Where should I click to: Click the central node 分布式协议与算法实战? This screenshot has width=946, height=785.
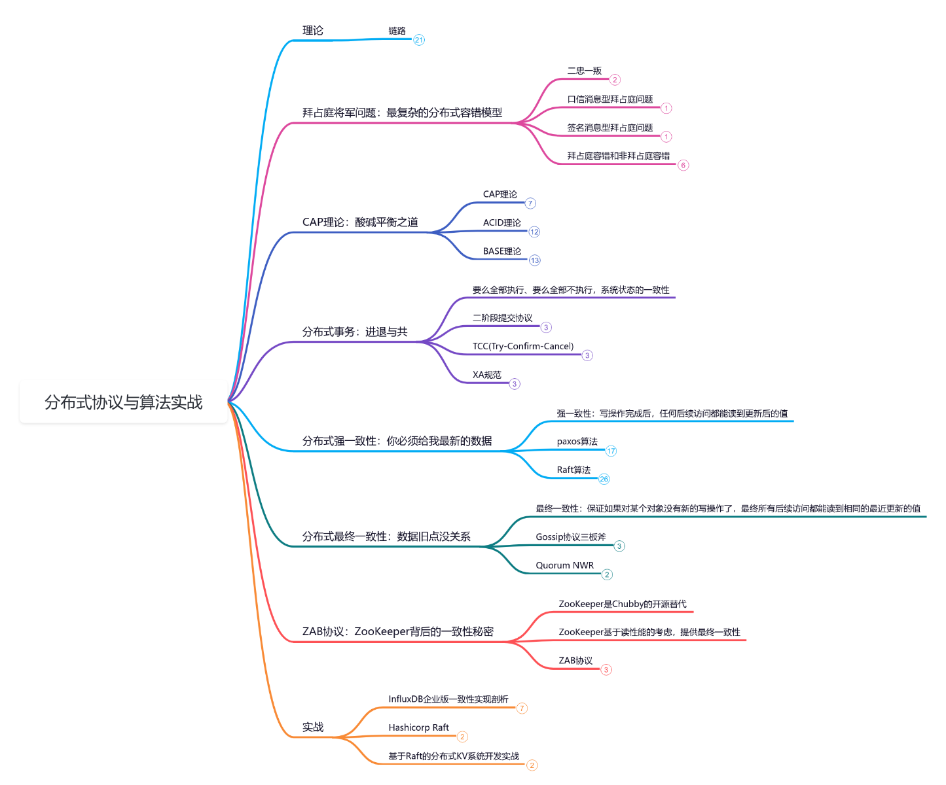pyautogui.click(x=124, y=402)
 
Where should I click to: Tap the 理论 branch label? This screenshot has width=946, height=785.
pyautogui.click(x=313, y=31)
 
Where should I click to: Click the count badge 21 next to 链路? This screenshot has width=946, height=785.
pyautogui.click(x=419, y=40)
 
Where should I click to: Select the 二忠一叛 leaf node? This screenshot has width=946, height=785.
pyautogui.click(x=584, y=71)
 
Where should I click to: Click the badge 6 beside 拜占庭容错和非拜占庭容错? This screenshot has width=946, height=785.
pyautogui.click(x=683, y=165)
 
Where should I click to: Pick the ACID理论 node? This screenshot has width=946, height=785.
pyautogui.click(x=501, y=222)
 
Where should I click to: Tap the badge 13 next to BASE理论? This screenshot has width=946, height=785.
pyautogui.click(x=535, y=260)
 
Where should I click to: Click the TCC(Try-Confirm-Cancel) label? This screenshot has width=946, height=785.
pyautogui.click(x=523, y=346)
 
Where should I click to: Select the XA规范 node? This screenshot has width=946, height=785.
pyautogui.click(x=487, y=375)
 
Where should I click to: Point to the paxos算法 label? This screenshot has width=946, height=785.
pyautogui.click(x=577, y=442)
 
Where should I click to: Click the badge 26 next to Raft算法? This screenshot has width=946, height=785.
pyautogui.click(x=604, y=479)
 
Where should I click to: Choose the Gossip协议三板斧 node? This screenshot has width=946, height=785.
pyautogui.click(x=571, y=537)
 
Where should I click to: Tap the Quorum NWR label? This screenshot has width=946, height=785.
pyautogui.click(x=564, y=565)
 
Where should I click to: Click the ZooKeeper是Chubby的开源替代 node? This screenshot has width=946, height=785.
pyautogui.click(x=622, y=604)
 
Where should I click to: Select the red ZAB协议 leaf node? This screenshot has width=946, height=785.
pyautogui.click(x=575, y=661)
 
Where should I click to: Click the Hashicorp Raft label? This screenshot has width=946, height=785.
pyautogui.click(x=418, y=727)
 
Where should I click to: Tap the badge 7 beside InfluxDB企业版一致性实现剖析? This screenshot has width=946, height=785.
pyautogui.click(x=522, y=708)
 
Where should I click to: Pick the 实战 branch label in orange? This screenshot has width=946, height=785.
pyautogui.click(x=313, y=727)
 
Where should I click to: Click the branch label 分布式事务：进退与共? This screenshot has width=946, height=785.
pyautogui.click(x=355, y=332)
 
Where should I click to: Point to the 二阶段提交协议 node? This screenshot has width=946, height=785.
pyautogui.click(x=502, y=318)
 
